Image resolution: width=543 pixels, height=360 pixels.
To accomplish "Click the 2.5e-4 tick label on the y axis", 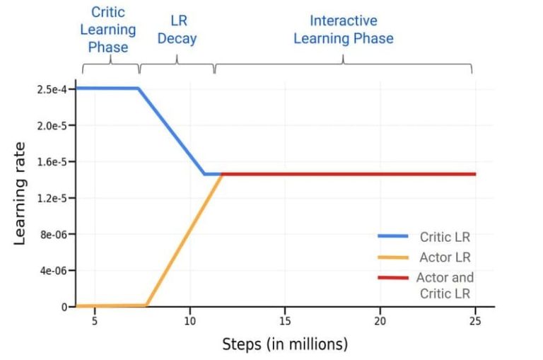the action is point(51,89).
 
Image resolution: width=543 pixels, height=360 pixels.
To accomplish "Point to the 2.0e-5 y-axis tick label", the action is point(52,125).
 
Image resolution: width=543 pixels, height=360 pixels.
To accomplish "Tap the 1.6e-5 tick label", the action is point(52,162).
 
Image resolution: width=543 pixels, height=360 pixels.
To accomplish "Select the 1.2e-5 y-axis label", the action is point(52,198).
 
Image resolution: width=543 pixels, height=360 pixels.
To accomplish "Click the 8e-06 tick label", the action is point(53,235).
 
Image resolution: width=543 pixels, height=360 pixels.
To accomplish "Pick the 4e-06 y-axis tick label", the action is point(53,271).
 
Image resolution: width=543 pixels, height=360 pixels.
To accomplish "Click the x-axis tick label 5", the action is point(95,321).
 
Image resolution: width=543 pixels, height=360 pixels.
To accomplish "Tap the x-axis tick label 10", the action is point(189,321).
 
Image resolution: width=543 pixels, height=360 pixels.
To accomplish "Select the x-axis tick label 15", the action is point(285,321).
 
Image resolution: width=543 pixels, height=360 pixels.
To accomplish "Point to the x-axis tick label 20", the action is point(380,321).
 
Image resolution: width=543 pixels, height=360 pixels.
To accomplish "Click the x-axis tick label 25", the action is point(475,321).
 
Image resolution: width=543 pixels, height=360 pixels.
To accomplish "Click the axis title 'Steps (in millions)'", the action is point(285,344).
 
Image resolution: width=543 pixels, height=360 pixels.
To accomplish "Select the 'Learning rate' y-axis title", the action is point(20,194).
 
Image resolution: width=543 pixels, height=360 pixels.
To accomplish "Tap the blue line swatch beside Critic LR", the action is point(393,236).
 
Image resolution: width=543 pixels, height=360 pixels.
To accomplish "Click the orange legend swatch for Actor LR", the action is point(393,257).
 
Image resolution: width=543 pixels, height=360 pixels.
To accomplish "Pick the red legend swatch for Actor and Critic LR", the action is point(393,277).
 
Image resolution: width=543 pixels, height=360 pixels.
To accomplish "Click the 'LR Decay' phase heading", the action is point(177,30).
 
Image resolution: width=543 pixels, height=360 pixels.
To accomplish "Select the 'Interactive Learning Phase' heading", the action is point(344,30).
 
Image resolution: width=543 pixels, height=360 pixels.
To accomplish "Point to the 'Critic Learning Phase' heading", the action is point(108,30).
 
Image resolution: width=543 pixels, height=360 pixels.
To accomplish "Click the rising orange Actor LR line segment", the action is point(184,240).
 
